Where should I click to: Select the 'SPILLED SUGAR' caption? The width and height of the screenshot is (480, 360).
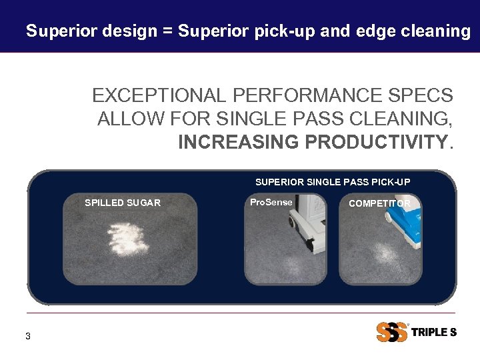click(x=123, y=203)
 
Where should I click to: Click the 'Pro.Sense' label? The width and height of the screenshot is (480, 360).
click(x=271, y=201)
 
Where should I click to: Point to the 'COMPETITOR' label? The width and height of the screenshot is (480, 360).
click(x=379, y=203)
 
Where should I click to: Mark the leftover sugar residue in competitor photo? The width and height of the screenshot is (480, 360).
click(x=385, y=254)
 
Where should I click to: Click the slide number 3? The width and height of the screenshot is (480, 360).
click(x=27, y=336)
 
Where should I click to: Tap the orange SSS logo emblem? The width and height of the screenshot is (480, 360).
click(x=391, y=331)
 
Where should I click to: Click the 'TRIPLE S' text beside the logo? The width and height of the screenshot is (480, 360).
click(x=434, y=332)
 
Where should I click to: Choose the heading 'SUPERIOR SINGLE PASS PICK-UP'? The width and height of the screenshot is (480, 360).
click(x=333, y=182)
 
